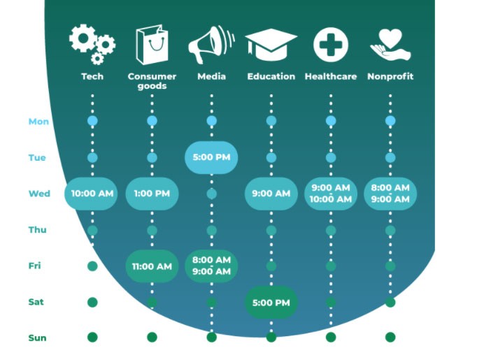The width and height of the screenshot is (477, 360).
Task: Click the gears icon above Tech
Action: (92, 44)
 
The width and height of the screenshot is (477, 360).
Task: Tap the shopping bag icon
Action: (152, 45)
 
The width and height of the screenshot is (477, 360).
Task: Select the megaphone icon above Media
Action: (211, 45)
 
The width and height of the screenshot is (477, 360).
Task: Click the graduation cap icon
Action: (271, 45)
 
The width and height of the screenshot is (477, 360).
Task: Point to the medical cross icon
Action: (331, 45)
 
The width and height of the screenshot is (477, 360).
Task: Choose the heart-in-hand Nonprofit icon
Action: (390, 45)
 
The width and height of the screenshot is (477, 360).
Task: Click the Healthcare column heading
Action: (331, 76)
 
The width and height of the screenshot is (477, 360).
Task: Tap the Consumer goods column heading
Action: (152, 81)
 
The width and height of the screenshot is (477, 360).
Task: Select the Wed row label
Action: (39, 194)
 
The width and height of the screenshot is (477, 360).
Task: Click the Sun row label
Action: (37, 338)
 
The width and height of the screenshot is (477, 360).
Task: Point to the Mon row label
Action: (38, 122)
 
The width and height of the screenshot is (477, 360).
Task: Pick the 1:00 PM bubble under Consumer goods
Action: (152, 194)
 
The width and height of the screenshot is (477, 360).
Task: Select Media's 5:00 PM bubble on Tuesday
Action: (211, 157)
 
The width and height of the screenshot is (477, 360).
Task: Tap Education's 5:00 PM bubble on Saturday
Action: (271, 303)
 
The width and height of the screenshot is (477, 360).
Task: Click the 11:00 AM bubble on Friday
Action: (152, 266)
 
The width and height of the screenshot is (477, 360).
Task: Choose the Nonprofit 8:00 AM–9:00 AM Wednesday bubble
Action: (390, 194)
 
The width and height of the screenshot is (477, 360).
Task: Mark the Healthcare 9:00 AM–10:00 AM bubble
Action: (331, 194)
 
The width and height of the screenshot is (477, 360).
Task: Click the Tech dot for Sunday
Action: (92, 337)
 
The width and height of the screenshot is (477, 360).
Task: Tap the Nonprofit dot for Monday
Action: (390, 121)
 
